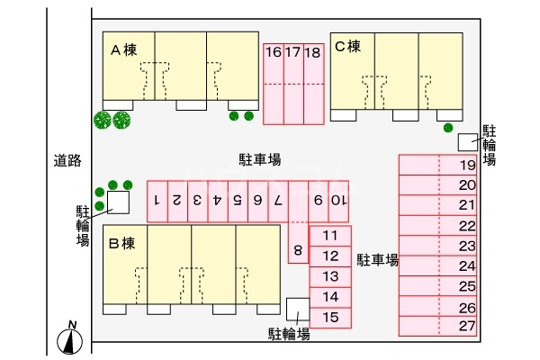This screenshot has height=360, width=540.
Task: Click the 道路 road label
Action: click(67, 160)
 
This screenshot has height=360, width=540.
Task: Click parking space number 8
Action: click(298, 249)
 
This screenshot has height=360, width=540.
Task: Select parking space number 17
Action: click(292, 52)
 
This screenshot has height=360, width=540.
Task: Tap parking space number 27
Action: click(466, 326)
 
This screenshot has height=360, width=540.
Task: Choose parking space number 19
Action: click(466, 165)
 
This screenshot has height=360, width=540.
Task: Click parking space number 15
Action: click(330, 316)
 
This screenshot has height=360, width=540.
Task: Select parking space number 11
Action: click(330, 236)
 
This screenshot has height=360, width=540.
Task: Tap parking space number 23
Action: click(466, 245)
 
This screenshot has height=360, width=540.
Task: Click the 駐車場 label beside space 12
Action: click(377, 260)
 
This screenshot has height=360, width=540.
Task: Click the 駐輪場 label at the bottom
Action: click(290, 334)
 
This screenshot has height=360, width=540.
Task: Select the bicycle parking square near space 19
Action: click(467, 141)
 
